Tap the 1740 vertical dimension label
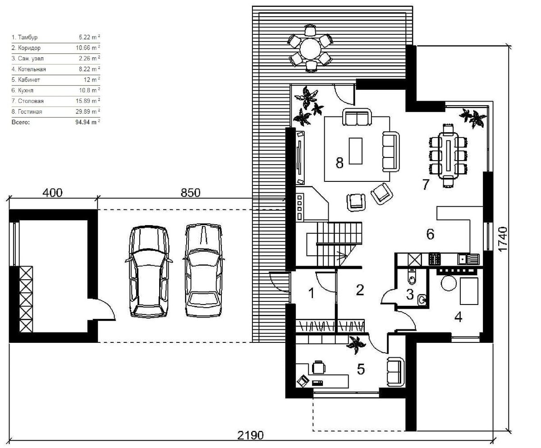503,239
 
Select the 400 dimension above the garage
53,193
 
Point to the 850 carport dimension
190,193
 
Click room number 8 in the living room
339,163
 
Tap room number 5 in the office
361,369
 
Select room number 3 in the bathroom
410,295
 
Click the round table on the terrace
310,48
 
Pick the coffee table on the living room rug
356,151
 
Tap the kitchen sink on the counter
468,259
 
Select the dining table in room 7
449,155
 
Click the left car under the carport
149,272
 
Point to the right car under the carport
204,270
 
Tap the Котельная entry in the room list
32,69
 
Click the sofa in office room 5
395,372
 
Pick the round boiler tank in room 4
449,283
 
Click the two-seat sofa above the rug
357,117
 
